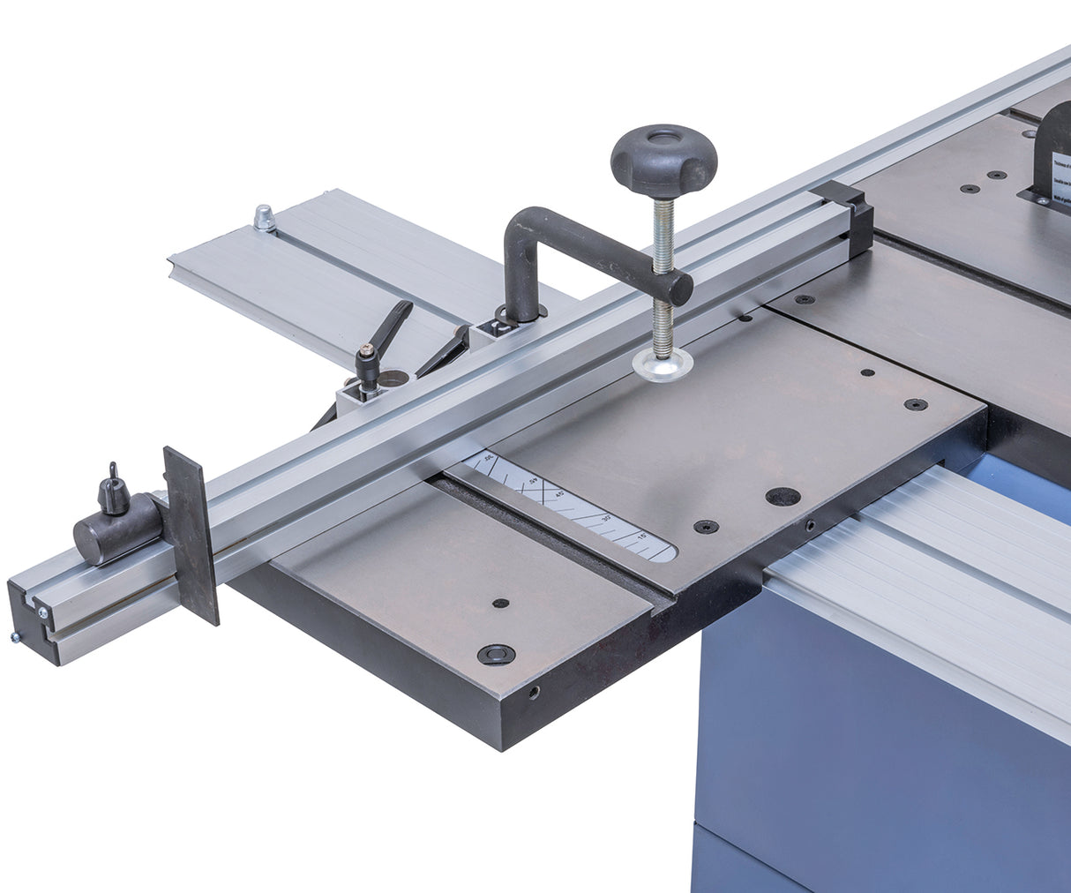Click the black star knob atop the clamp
click(663, 159)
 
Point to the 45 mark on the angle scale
click(565, 495)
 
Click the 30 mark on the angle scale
click(605, 520)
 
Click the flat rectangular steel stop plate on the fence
click(191, 535)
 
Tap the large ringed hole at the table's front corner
click(495, 654)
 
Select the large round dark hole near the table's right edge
click(783, 496)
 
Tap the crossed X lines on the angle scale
click(550, 487)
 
